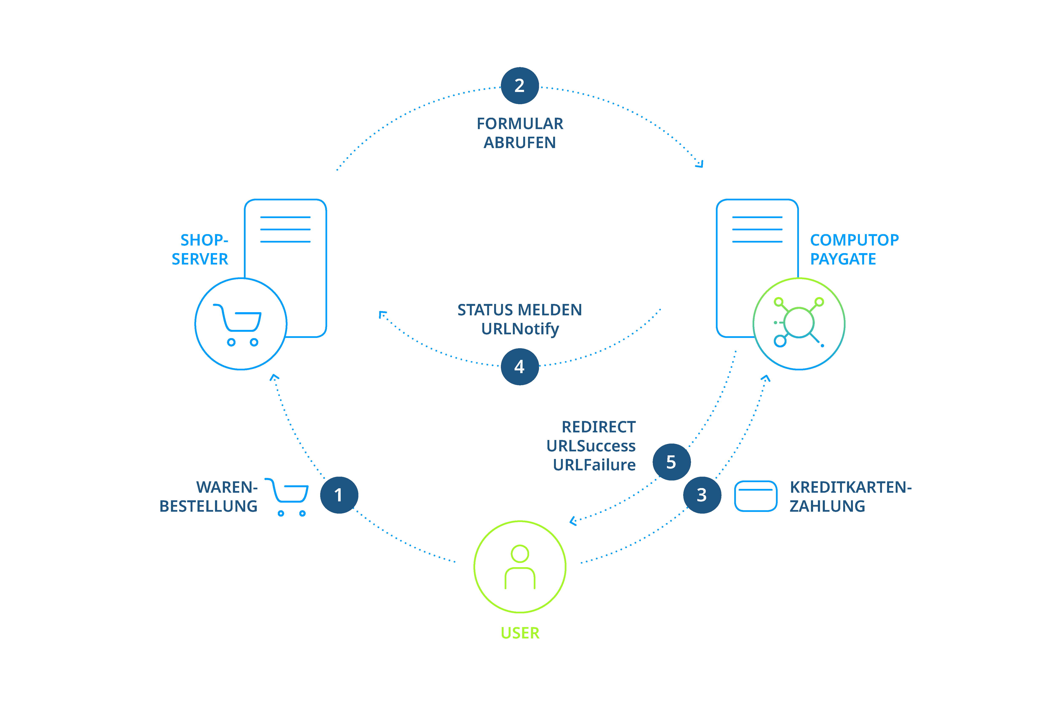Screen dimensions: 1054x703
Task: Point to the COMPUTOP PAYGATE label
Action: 854,249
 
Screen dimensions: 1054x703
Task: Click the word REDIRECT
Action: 599,427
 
